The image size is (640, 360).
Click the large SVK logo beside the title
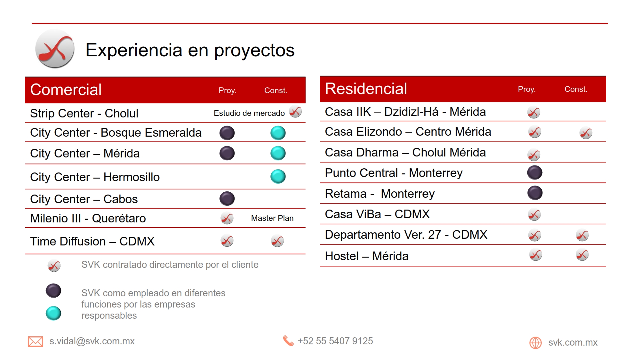(x=55, y=49)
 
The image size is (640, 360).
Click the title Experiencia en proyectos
(x=190, y=50)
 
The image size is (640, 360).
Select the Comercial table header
(x=66, y=90)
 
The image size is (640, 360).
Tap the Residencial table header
(x=366, y=89)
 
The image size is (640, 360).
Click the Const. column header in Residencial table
(x=576, y=89)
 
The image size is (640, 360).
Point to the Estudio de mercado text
(x=249, y=113)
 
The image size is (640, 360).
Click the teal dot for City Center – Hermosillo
(x=278, y=176)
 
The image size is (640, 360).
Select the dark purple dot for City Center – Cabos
(x=227, y=198)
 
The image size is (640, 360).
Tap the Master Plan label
(x=272, y=218)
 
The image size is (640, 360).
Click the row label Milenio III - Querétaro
(x=88, y=218)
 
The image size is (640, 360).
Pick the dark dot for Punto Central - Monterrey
(x=535, y=172)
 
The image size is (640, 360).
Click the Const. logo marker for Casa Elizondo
(x=586, y=133)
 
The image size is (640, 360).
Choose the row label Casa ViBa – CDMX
(x=377, y=214)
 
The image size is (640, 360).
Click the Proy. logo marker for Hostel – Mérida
(x=535, y=255)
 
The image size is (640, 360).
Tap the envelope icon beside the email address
(x=35, y=341)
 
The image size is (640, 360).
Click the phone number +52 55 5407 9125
(x=335, y=341)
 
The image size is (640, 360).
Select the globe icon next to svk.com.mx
(x=535, y=343)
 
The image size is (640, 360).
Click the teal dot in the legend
(x=53, y=313)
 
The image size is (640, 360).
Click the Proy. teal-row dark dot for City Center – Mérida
(x=227, y=153)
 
